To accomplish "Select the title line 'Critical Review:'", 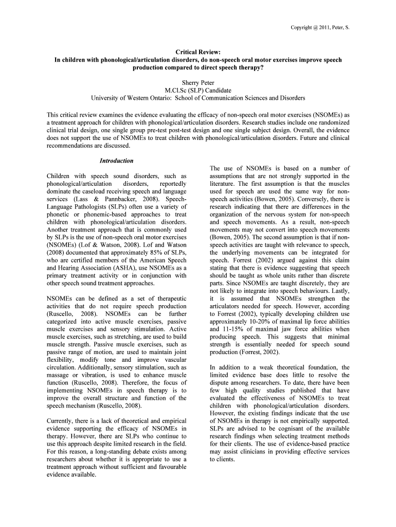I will (198, 52).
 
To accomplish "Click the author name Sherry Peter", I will (198, 82).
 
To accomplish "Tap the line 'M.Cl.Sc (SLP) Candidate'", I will (198, 90).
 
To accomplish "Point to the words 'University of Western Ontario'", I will (131, 98).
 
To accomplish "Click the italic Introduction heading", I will (116, 161).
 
